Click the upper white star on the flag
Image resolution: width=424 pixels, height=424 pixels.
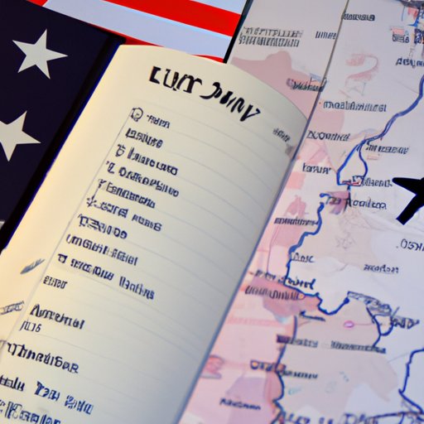coord(40,54)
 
